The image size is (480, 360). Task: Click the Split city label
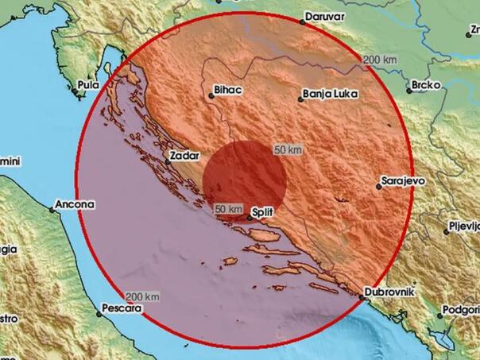click(262, 213)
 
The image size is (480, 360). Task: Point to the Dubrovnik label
click(391, 292)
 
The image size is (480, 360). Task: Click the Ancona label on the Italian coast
click(76, 204)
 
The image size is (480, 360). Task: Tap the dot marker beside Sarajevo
click(379, 188)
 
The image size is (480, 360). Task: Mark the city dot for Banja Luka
click(301, 99)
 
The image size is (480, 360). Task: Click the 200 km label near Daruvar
click(379, 60)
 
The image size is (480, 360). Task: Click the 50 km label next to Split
click(229, 208)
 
